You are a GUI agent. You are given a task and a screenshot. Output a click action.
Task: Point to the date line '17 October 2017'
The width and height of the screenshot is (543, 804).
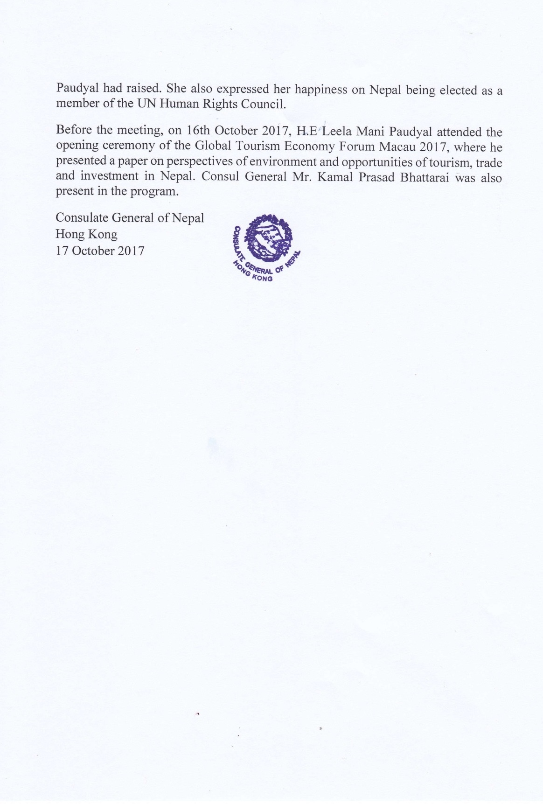coord(100,251)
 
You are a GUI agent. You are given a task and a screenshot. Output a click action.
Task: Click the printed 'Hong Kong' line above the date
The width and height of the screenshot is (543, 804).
coord(86,234)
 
